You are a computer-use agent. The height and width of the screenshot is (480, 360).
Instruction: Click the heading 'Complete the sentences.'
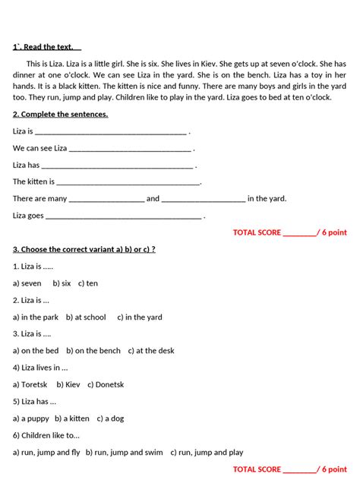60,114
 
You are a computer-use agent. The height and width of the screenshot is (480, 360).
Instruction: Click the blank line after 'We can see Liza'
131,148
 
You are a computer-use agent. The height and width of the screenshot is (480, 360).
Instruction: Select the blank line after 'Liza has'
117,165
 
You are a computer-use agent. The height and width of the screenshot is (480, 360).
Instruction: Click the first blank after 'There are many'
106,199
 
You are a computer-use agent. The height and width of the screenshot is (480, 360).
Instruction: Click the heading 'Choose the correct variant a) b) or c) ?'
84,249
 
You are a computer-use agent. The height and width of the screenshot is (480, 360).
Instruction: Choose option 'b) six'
62,283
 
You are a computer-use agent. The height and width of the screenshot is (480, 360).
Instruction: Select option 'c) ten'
88,283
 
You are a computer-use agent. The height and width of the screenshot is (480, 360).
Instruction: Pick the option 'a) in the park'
35,317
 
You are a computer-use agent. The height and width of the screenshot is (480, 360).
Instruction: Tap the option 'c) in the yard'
140,317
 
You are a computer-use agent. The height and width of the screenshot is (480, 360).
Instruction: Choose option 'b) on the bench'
93,351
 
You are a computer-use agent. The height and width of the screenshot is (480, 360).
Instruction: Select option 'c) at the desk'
150,351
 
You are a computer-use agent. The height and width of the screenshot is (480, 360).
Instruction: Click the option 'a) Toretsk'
30,385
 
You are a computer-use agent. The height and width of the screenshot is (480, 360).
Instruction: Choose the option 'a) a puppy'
30,418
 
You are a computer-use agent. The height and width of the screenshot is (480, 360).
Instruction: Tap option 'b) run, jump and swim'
124,453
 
